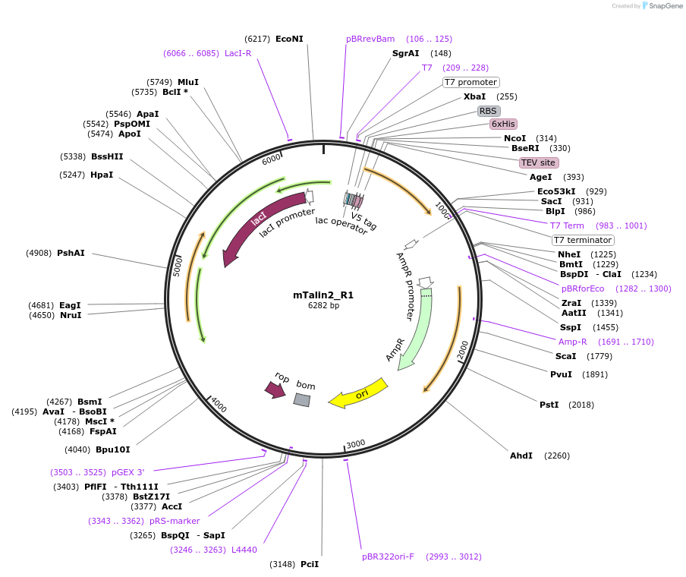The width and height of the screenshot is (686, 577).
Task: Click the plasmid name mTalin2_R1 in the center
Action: [323, 295]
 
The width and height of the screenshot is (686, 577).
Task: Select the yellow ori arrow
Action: [358, 393]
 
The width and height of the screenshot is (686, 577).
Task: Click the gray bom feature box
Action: [302, 399]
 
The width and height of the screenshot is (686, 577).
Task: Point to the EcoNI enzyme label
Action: [289, 39]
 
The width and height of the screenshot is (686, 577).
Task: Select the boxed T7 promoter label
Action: [470, 82]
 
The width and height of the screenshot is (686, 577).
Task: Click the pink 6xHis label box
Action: [503, 124]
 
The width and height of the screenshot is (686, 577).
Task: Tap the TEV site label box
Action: [538, 162]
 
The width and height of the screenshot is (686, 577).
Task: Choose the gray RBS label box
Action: [488, 111]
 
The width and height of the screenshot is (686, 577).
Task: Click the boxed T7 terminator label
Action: [583, 240]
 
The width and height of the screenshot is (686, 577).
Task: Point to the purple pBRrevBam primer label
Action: [370, 39]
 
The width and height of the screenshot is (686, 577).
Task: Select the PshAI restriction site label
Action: [71, 253]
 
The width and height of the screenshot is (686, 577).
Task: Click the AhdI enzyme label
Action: [521, 456]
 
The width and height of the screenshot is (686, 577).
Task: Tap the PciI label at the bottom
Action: [310, 564]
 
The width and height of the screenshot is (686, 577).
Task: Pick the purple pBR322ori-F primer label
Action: [388, 557]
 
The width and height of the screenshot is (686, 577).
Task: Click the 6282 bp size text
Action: [323, 306]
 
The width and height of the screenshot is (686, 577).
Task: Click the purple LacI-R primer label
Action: [238, 53]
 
